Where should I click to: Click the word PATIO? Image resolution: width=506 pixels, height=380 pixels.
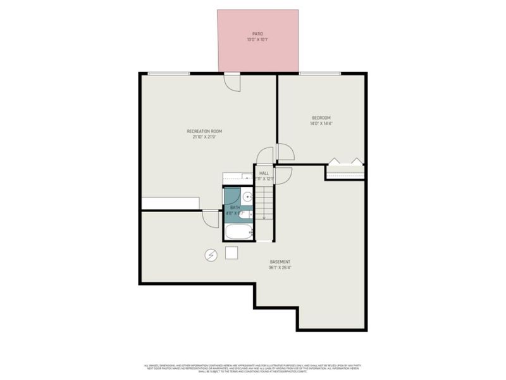pos(257,34)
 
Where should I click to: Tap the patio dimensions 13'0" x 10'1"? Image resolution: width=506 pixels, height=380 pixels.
pos(257,41)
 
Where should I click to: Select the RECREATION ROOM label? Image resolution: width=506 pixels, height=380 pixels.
pos(204,131)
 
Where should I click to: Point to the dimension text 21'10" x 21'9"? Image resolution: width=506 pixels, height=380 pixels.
pos(204,137)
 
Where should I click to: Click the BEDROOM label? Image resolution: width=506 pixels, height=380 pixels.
pos(321,118)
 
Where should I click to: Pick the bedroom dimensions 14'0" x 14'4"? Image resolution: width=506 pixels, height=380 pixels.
pos(321,124)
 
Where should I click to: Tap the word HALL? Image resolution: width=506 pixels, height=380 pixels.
pos(264,173)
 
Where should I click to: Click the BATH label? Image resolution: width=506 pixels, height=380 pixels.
pos(235,208)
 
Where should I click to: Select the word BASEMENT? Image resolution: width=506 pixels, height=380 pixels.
pos(280,262)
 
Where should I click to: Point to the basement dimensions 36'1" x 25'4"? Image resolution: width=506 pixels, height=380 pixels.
pos(280,269)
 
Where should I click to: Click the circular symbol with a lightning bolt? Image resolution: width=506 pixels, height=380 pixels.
pos(211,255)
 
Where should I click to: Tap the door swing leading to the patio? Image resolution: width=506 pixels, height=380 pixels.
pos(232,81)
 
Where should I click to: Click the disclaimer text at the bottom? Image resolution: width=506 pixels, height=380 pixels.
pos(253,368)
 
